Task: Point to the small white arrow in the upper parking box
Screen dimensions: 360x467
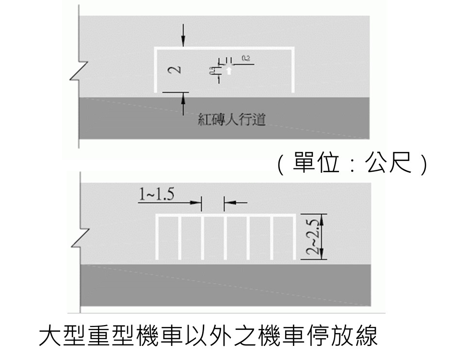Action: click(229, 71)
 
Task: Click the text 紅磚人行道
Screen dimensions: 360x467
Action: click(232, 119)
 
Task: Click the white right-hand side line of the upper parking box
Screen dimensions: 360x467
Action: click(293, 70)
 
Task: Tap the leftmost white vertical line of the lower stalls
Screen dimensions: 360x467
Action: click(157, 238)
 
